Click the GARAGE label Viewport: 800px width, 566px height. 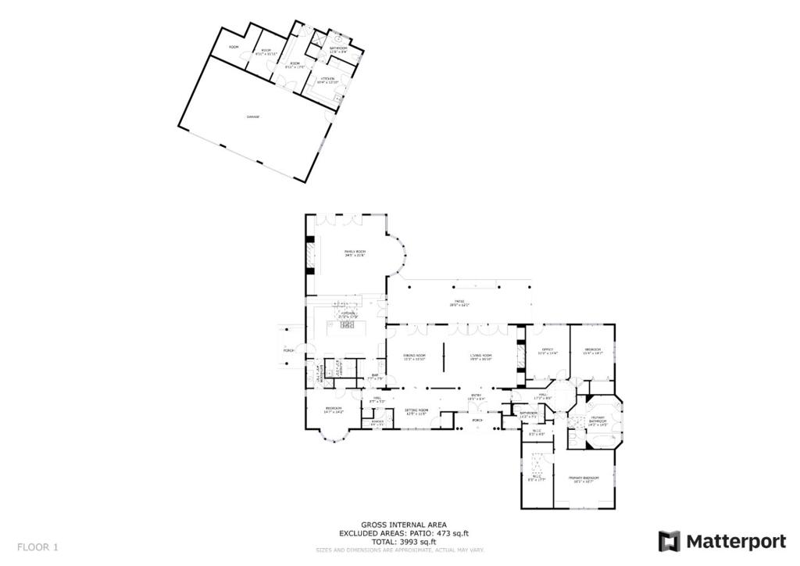coord(252,116)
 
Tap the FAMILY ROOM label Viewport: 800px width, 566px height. coord(355,253)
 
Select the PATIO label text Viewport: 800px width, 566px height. coord(460,303)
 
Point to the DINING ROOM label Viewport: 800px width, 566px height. coord(414,357)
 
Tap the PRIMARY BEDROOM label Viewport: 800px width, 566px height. coord(584,478)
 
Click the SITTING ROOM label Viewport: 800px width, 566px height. coord(416,411)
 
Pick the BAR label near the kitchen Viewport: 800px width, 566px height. coord(373,377)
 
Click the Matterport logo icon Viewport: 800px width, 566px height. coord(669,541)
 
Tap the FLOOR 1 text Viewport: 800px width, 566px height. coord(37,546)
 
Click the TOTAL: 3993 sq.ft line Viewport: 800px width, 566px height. coord(403,542)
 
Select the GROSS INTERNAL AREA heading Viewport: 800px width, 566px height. coord(403,525)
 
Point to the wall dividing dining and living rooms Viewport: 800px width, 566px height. coord(444,357)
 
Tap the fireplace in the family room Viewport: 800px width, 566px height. coord(310,254)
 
